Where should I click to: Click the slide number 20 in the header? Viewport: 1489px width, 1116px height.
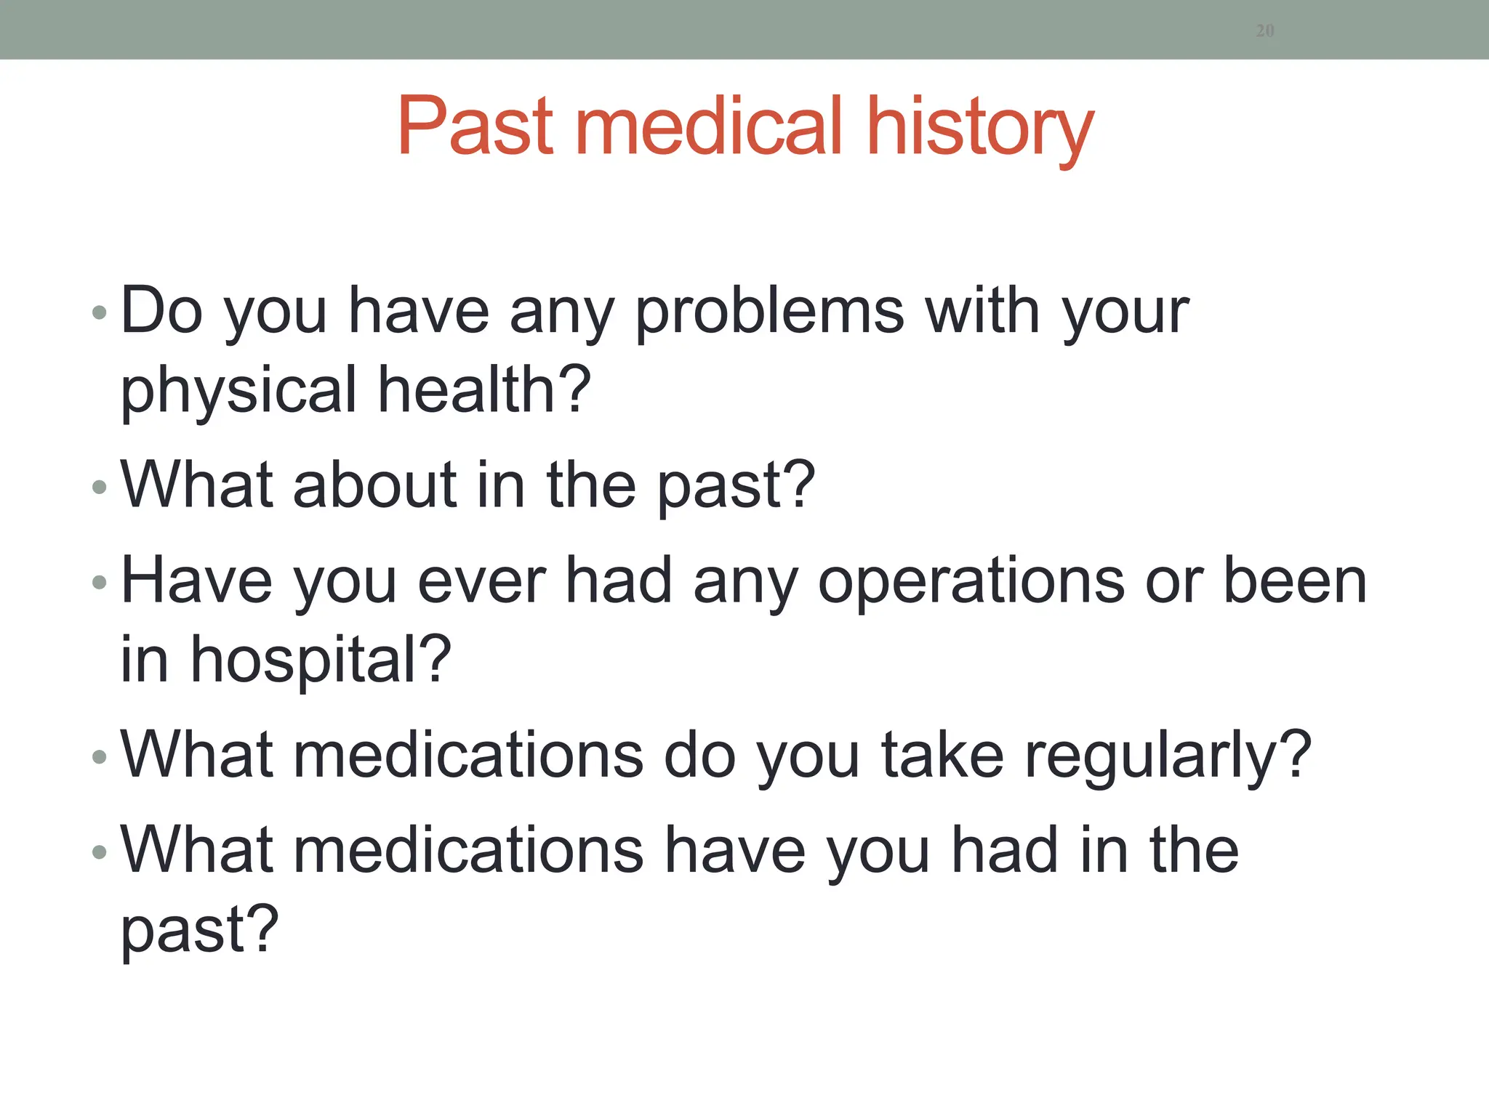(x=1265, y=31)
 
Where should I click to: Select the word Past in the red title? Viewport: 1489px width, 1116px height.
(x=476, y=126)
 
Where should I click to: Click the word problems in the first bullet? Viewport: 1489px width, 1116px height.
(x=770, y=312)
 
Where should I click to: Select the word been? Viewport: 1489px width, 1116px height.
(x=1295, y=581)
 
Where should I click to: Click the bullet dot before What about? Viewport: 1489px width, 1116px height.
(x=100, y=488)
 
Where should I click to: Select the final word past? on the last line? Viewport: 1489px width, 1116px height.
(x=199, y=931)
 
